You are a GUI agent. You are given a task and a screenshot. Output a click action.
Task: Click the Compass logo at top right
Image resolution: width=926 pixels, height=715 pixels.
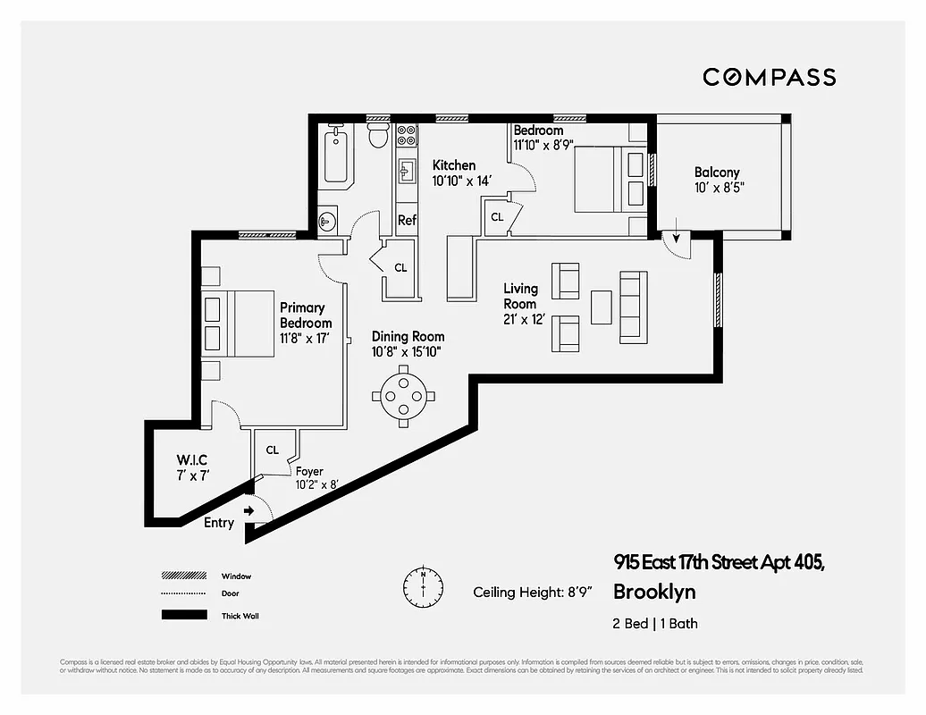coord(769,77)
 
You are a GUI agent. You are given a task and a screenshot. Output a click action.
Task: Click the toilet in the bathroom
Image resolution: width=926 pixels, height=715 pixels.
coord(377,137)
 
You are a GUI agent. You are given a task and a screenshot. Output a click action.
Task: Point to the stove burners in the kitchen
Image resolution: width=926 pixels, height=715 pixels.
coord(407,134)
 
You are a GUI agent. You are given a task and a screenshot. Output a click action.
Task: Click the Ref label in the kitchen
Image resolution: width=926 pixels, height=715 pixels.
coord(407,220)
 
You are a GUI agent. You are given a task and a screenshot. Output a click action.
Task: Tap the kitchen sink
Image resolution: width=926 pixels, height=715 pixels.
coord(407,170)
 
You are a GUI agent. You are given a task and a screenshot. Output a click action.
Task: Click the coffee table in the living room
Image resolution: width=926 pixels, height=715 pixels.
coord(602,307)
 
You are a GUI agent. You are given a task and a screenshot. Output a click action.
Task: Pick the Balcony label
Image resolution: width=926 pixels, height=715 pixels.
coord(717,172)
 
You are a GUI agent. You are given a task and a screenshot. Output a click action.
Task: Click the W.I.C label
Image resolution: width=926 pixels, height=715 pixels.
coord(193,461)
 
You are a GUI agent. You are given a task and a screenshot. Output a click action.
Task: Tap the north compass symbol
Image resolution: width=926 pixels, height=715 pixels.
coord(423,585)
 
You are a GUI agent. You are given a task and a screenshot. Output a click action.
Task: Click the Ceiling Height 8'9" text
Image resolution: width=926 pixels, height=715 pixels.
coord(531,592)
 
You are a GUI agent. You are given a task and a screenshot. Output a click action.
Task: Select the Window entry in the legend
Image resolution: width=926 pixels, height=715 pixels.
coord(236,576)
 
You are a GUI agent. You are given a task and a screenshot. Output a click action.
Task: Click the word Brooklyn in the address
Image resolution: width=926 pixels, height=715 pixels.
coord(653,592)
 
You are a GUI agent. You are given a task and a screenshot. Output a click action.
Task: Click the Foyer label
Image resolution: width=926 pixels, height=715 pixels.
coord(309,472)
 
